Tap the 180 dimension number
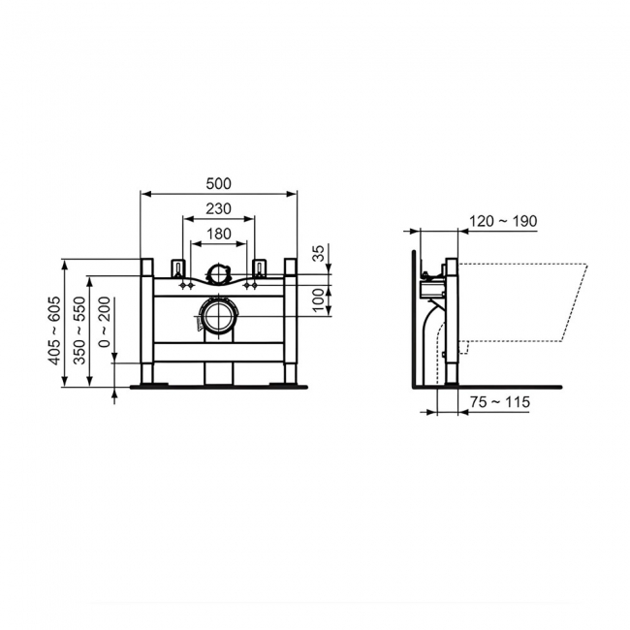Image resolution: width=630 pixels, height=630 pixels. [219, 234]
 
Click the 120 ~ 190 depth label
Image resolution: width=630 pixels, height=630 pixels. [501, 221]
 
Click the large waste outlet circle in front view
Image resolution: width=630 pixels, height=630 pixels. [218, 316]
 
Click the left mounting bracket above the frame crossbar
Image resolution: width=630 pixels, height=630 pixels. [177, 267]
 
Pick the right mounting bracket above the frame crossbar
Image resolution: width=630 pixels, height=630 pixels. [259, 267]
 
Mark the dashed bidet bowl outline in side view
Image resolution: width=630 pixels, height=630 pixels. [523, 300]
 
